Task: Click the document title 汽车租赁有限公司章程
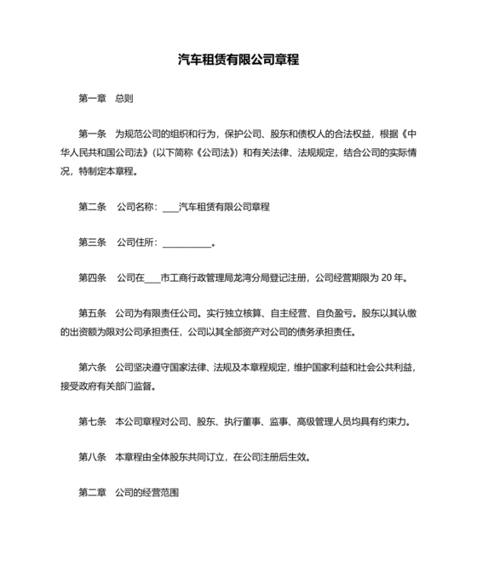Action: [238, 60]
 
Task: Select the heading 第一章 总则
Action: [105, 98]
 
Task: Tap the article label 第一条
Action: [92, 134]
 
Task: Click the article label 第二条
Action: [92, 207]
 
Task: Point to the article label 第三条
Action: [92, 243]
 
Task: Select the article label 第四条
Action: [92, 277]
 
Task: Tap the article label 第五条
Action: [92, 313]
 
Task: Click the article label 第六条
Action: [92, 367]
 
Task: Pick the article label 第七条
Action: [92, 420]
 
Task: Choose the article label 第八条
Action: [92, 456]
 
